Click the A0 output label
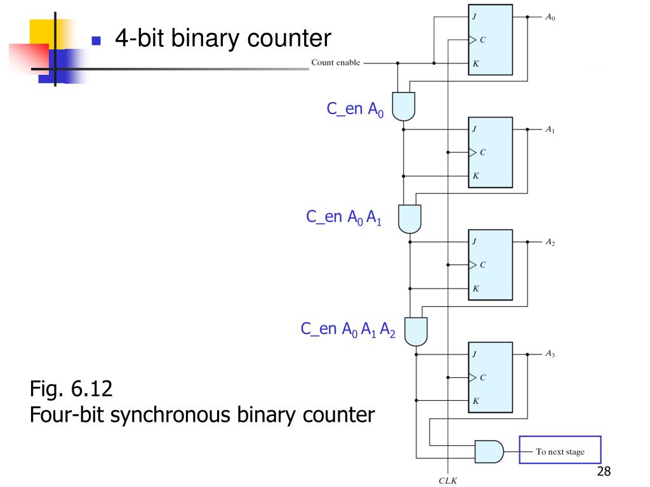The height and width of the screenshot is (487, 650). (x=550, y=17)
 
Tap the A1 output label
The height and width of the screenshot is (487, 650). (x=550, y=129)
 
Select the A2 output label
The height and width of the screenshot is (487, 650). (x=550, y=242)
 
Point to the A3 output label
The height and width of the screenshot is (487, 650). (x=550, y=354)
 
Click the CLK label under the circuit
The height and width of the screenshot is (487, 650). (x=448, y=481)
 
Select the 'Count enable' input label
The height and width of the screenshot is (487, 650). (x=336, y=63)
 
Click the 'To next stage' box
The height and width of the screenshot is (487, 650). (x=560, y=450)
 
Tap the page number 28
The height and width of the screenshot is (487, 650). (x=604, y=471)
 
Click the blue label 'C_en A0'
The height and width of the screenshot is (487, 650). (x=355, y=110)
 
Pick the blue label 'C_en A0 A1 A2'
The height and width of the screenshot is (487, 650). (x=348, y=330)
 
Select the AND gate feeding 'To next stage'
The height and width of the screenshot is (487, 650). (x=489, y=451)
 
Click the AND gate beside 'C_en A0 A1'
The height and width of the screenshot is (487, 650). (x=409, y=219)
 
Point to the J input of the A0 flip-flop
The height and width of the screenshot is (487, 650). (x=474, y=16)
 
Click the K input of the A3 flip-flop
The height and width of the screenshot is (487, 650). (x=475, y=401)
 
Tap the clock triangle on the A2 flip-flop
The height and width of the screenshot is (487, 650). (x=472, y=264)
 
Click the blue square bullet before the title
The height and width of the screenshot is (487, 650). (x=96, y=41)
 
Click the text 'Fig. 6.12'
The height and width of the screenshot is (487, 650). (x=71, y=389)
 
